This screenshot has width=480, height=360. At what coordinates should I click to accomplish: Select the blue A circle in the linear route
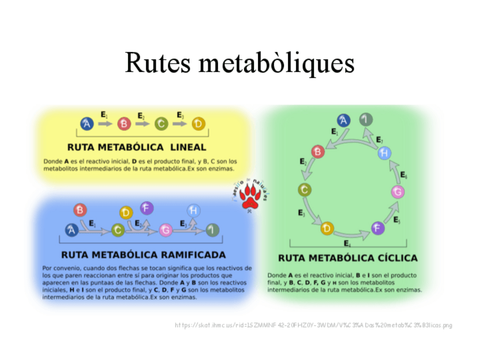[87, 124]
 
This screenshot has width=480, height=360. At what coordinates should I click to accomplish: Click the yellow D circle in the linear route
[198, 124]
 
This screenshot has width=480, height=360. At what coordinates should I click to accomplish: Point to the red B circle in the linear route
[124, 124]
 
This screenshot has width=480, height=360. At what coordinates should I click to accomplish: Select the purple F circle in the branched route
[147, 208]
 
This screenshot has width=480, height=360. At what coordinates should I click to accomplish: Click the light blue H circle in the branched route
[194, 211]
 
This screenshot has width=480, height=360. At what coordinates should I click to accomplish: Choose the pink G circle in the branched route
[165, 230]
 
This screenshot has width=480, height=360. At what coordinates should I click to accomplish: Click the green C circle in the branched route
[118, 230]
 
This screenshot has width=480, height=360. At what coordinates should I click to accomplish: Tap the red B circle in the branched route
[80, 211]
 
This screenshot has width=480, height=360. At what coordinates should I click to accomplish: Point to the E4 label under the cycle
[347, 243]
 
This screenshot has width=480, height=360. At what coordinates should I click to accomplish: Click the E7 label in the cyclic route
[379, 140]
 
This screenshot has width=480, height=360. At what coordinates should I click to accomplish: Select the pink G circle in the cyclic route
[398, 192]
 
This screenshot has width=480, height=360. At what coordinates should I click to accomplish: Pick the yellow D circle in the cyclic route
[327, 228]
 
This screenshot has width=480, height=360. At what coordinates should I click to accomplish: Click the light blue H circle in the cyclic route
[385, 153]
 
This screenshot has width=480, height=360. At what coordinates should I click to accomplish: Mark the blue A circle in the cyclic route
[344, 120]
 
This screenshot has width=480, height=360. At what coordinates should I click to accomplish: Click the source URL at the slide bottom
[314, 325]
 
